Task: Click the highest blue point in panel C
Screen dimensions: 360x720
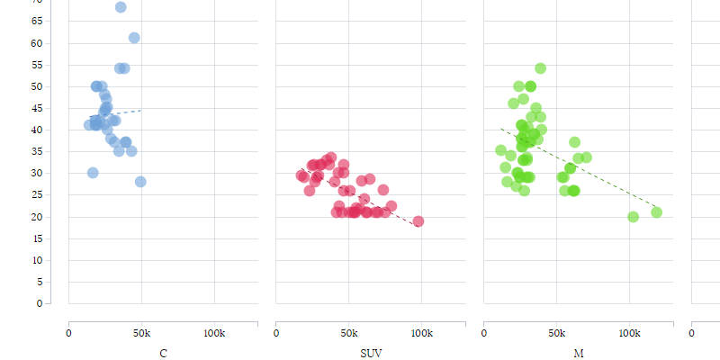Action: [x=121, y=7]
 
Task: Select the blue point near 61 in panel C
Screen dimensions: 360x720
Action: [x=134, y=38]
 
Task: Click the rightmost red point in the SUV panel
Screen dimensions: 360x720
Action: [x=418, y=221]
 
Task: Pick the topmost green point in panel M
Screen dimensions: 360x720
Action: [x=540, y=68]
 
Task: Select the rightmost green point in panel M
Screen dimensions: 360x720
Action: [x=656, y=212]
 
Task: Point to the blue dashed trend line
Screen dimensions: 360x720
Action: [x=121, y=112]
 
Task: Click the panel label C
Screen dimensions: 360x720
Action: [x=163, y=354]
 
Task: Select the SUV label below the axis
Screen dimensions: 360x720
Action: [x=370, y=354]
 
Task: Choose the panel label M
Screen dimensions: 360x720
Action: [x=578, y=354]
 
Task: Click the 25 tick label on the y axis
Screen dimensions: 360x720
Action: [x=37, y=195]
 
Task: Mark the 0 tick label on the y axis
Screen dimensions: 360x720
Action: [x=40, y=303]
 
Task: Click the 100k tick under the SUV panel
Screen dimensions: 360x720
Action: [x=421, y=333]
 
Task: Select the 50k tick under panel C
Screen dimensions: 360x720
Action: [x=141, y=333]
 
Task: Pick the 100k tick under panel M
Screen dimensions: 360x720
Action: [x=629, y=333]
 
